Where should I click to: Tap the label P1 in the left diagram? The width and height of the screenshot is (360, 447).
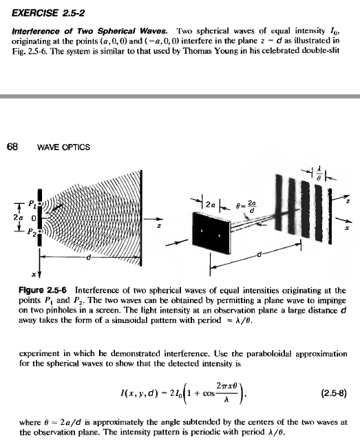pos(33,202)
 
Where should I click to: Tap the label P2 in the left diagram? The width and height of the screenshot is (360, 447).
pos(32,231)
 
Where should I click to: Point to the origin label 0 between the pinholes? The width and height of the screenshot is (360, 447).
pos(32,217)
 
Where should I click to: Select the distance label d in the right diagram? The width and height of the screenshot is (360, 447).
pos(259,256)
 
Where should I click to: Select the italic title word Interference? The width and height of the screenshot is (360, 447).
pos(36,32)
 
